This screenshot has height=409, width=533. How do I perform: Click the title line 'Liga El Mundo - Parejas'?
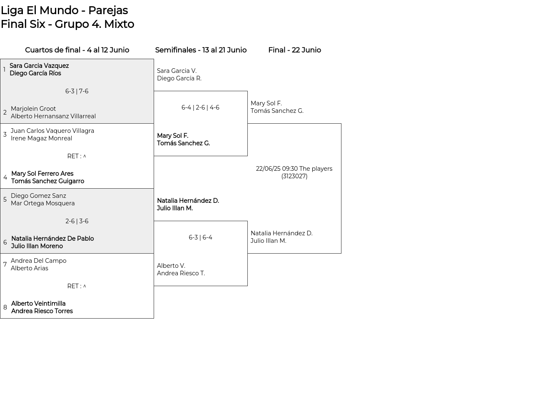coord(64,10)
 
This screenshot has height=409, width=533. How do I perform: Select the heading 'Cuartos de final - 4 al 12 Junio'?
coord(77,50)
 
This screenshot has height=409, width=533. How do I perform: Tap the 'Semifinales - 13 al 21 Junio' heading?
coord(201,50)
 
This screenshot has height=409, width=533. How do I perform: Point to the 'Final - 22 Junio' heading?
coord(294,50)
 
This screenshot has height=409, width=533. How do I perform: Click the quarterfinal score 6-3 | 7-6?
coord(77,91)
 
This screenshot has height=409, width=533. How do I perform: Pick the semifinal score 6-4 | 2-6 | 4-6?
coord(200,107)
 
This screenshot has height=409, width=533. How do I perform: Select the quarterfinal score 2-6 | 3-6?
coord(77,221)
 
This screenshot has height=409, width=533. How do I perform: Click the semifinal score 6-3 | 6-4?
coord(200,237)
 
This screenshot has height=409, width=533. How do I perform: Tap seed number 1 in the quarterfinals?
coord(5,70)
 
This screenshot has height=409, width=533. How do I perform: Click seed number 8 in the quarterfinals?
coord(5,307)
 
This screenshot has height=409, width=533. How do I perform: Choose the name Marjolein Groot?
coord(33,109)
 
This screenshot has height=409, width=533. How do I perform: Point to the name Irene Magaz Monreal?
coord(42,138)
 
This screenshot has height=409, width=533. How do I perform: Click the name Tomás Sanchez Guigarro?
coord(47,181)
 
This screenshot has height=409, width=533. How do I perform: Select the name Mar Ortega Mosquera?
coord(42,203)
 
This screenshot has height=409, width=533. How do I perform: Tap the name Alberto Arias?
coord(30,268)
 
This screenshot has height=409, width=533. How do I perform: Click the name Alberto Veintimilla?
coord(38,304)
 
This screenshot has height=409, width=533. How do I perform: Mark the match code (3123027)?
coord(294,177)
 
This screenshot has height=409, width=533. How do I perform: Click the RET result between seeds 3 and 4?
coord(77,156)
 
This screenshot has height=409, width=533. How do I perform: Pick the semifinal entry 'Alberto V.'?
coord(171,266)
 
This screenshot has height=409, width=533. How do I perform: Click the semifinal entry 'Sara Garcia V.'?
coord(177,71)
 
